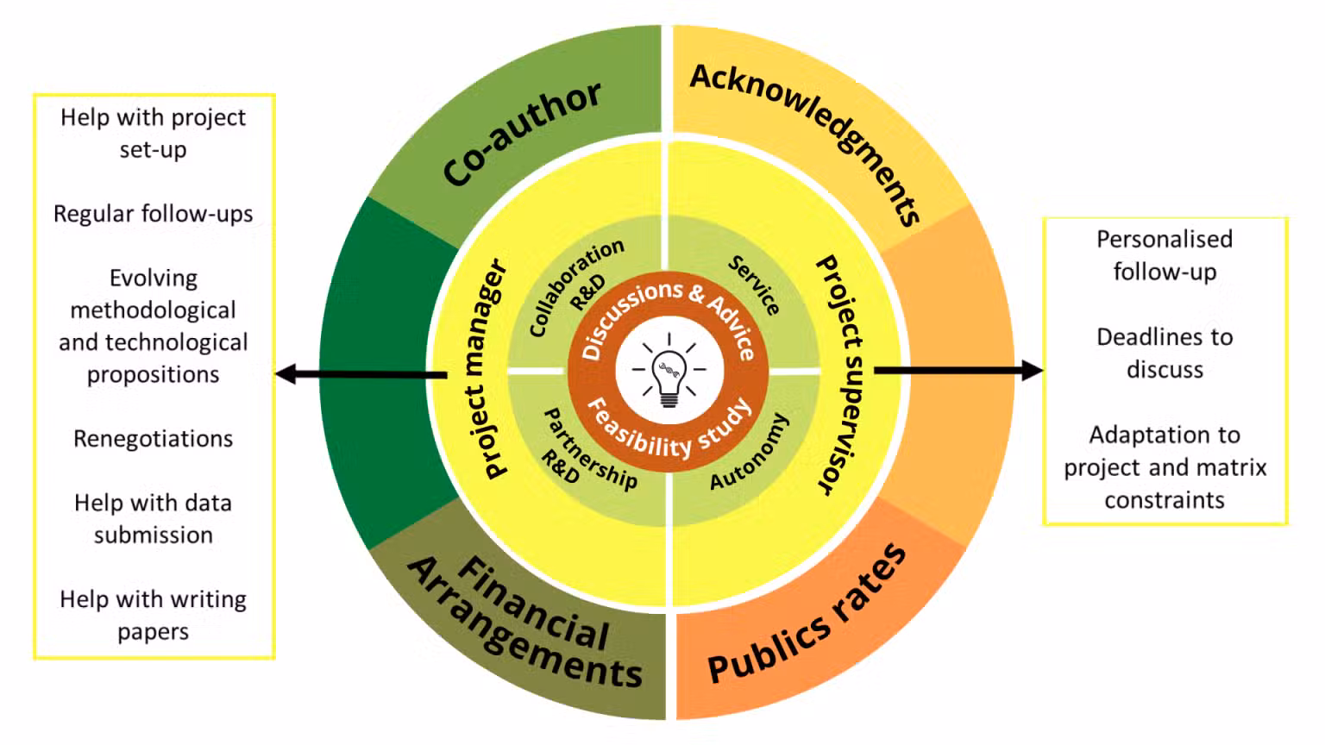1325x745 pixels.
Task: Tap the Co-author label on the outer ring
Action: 522,134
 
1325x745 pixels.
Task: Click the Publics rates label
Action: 807,617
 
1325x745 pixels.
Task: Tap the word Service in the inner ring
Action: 754,285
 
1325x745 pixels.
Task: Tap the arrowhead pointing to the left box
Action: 286,374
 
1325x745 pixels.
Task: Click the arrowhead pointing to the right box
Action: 1033,371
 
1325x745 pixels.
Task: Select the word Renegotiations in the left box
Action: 154,439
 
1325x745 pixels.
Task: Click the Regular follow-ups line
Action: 154,214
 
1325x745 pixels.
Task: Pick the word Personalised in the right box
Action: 1164,239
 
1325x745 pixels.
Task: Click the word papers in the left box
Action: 154,632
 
